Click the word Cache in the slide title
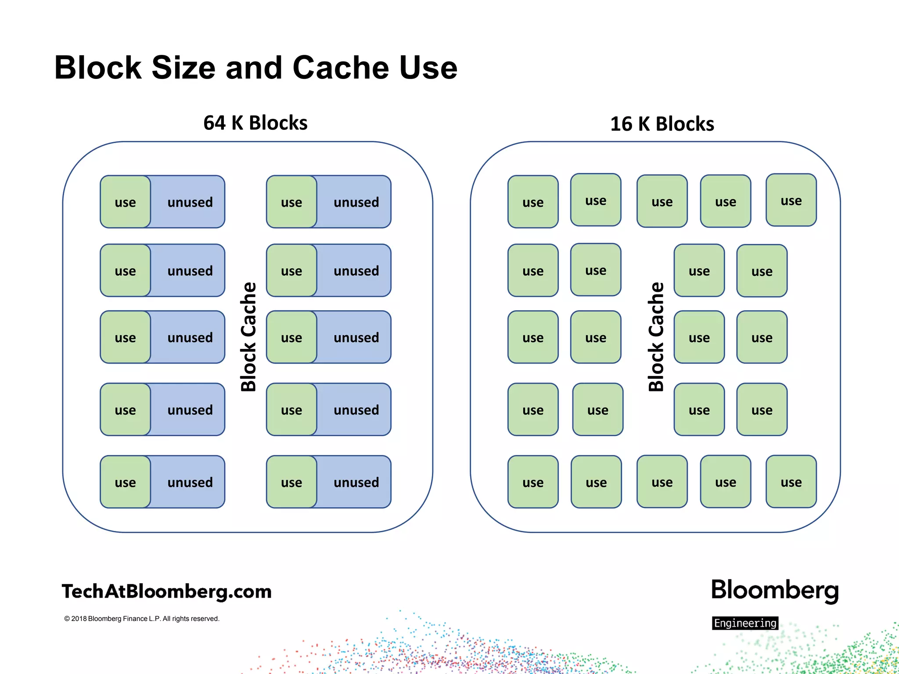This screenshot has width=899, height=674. coord(341,68)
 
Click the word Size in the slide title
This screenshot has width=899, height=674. coord(183,68)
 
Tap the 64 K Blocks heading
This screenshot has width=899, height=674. coord(255,123)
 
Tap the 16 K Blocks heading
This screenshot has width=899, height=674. coord(662,124)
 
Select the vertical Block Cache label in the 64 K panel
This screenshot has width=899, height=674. coord(248,337)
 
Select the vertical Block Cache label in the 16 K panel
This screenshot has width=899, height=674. coord(656,337)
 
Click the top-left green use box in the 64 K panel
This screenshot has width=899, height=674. coord(125,202)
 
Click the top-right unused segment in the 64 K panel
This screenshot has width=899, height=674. coord(356,202)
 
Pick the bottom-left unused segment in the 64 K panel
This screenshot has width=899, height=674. coord(190,482)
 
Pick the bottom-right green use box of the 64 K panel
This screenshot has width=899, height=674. coord(291,482)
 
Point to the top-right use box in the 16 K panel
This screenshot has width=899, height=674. coord(791,200)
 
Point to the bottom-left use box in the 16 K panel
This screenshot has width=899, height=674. coord(533,482)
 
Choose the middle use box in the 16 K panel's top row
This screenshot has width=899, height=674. coord(662,201)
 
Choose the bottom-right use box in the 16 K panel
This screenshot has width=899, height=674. coord(791,482)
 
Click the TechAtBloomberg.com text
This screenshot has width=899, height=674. coord(166,592)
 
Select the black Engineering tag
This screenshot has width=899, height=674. coord(745,623)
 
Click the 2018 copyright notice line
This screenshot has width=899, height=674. coord(141,619)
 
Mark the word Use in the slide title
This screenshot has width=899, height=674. coord(428,68)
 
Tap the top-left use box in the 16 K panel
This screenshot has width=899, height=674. coord(533,202)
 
